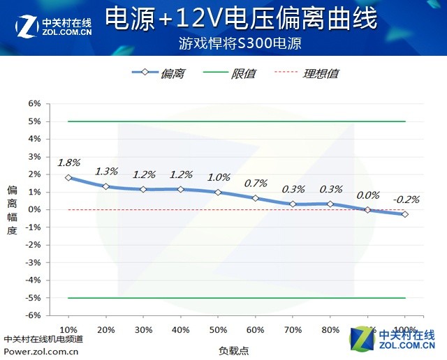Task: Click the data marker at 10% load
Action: pyautogui.click(x=68, y=177)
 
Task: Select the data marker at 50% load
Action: pyautogui.click(x=218, y=192)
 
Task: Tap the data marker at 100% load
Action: pyautogui.click(x=405, y=213)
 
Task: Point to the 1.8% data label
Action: pyautogui.click(x=68, y=163)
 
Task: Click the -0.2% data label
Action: pyautogui.click(x=406, y=199)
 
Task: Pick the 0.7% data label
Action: pyautogui.click(x=256, y=183)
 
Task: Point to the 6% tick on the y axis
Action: pyautogui.click(x=35, y=103)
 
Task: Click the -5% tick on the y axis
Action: pyautogui.click(x=33, y=298)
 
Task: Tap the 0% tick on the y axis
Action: pyautogui.click(x=35, y=209)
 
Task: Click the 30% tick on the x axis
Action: pyautogui.click(x=143, y=329)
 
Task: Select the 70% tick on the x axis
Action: pyautogui.click(x=293, y=329)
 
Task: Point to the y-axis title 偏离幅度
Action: pyautogui.click(x=11, y=209)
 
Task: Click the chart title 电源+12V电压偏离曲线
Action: pyautogui.click(x=241, y=19)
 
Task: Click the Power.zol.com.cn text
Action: pyautogui.click(x=41, y=351)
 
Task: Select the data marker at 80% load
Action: pyautogui.click(x=330, y=204)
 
